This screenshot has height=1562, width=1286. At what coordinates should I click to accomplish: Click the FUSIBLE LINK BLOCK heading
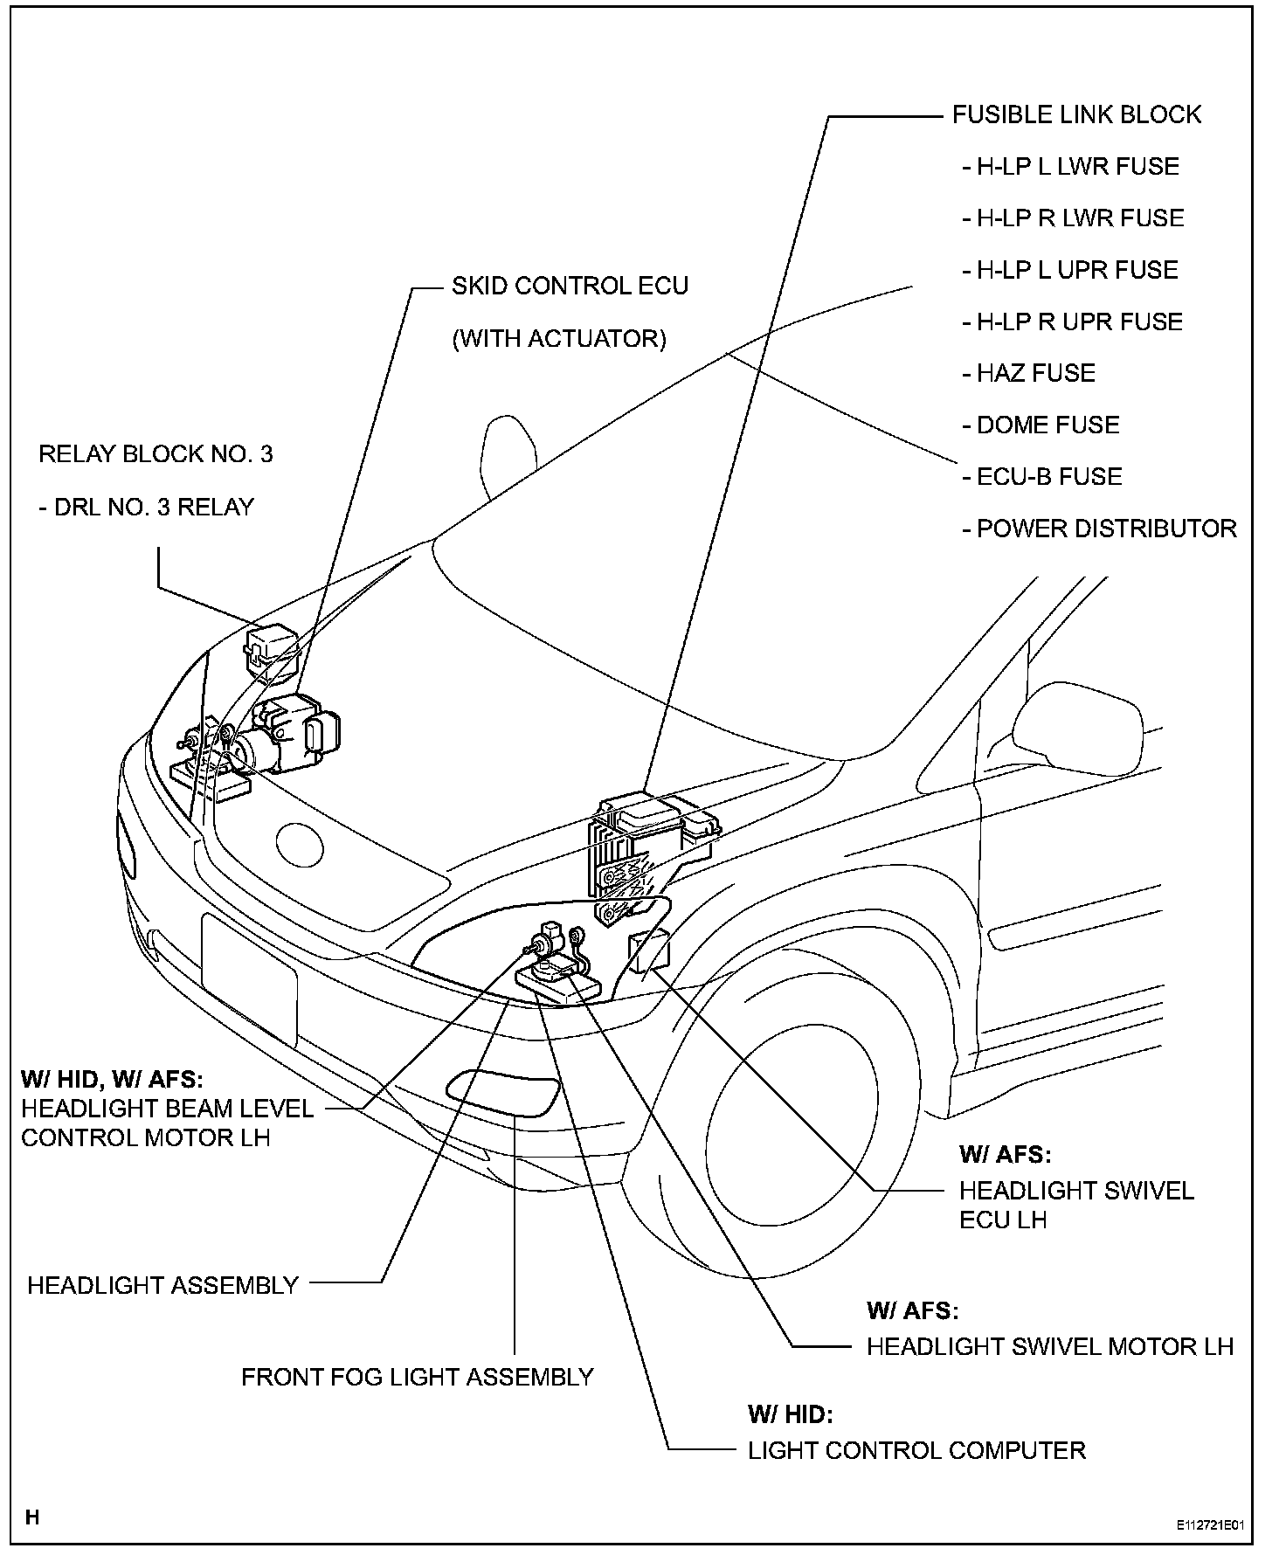coord(1076,114)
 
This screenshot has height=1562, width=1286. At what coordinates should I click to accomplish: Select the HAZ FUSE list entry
coord(1029,373)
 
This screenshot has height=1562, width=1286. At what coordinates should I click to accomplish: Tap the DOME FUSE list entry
coord(1041,425)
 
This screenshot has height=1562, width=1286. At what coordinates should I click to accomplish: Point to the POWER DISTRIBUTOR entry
coord(1100,529)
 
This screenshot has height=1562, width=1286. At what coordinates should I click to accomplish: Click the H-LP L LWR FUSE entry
coord(1071,166)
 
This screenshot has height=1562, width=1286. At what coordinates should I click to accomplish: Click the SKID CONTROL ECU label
coord(570,286)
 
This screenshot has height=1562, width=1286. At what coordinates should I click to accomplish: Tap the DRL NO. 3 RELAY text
coord(147,507)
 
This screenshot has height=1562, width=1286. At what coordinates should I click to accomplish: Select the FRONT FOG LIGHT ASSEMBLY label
coord(417,1378)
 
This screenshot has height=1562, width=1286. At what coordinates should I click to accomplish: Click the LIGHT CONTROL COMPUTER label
coord(916,1451)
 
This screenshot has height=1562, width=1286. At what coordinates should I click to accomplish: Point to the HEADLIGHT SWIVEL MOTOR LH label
coord(1049,1346)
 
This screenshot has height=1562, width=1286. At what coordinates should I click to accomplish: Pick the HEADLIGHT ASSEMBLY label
coord(163,1285)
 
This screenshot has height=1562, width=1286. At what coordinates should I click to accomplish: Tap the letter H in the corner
coord(32,1517)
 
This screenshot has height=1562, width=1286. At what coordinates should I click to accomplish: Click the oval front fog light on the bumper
coord(502,1092)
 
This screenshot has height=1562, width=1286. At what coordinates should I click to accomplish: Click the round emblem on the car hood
coord(300,844)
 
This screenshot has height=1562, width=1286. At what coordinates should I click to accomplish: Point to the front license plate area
coord(249,978)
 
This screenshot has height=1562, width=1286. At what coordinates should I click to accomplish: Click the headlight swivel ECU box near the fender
coord(650,952)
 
